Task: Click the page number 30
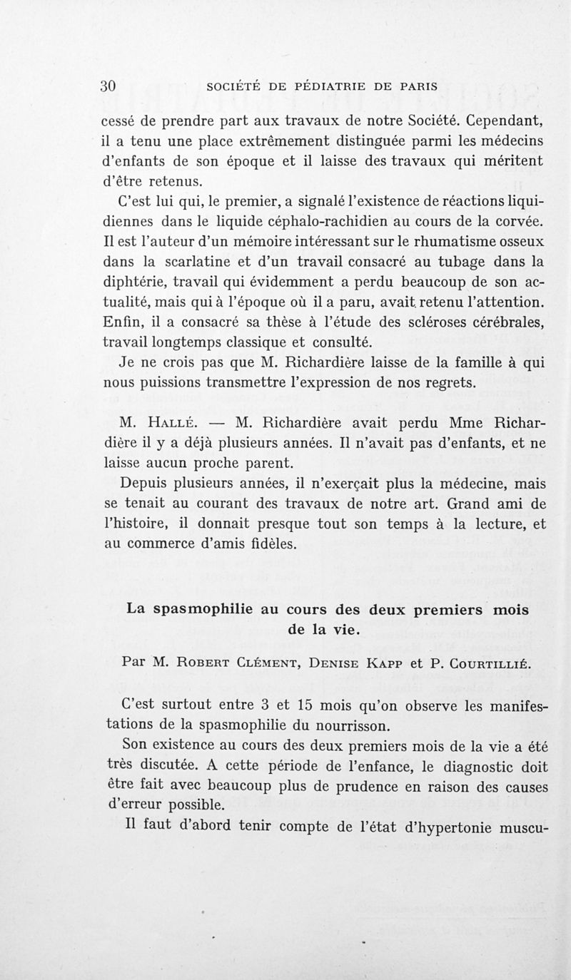[x=108, y=86]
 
